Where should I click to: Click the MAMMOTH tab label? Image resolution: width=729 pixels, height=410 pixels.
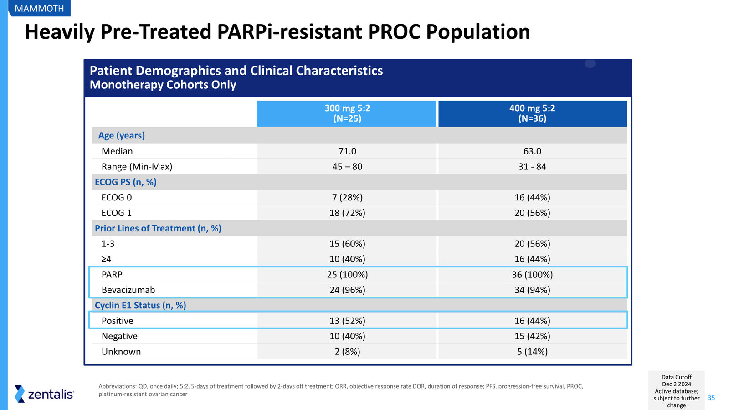39,8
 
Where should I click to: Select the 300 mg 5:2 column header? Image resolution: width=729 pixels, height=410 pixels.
347,113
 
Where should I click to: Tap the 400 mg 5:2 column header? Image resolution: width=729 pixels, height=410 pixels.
533,113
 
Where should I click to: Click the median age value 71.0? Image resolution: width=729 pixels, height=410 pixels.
347,151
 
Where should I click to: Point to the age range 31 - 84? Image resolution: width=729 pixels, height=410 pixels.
532,167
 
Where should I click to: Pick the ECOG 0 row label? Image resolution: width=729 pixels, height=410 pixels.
117,198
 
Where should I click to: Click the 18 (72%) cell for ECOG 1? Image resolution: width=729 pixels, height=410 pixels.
347,213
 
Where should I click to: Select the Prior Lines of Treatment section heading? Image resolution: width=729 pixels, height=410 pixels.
158,228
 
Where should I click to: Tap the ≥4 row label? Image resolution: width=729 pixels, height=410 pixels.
106,259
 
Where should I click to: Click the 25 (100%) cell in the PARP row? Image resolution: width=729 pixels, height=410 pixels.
347,275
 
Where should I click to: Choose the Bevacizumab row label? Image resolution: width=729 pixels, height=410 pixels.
128,290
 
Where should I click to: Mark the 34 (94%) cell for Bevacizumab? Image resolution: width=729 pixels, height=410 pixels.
532,290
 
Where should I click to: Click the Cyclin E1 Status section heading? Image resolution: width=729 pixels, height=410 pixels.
140,305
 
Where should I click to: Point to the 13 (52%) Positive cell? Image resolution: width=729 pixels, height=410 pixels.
347,321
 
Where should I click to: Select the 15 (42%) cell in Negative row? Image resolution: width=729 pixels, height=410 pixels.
532,336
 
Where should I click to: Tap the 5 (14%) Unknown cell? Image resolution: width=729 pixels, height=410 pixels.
532,352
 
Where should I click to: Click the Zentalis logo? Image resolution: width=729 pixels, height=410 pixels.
44,394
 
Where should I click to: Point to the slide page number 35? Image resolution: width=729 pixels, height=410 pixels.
711,398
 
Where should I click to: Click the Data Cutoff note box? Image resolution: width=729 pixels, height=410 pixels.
676,391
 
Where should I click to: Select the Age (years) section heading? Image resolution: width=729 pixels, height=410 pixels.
121,135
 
